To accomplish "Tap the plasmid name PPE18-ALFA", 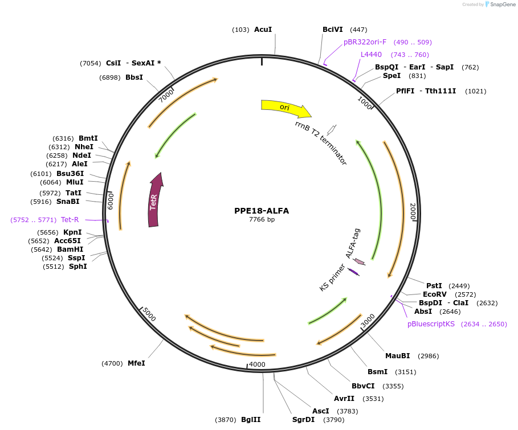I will (x=262, y=211).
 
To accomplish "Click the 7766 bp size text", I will (x=262, y=220).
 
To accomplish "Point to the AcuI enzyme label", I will (x=263, y=30).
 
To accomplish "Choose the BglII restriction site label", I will (x=251, y=420).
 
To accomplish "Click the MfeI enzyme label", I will (x=136, y=363).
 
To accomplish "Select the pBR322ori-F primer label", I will (x=365, y=42).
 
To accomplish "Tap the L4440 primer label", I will (x=371, y=55).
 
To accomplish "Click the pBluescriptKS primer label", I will (x=431, y=324).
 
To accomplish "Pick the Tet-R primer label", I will (x=70, y=219).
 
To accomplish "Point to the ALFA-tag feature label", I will (x=353, y=243).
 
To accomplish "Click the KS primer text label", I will (x=332, y=278).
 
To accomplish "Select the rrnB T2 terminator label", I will (x=321, y=143).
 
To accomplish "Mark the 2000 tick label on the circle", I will (x=414, y=212).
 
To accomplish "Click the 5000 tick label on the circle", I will (x=149, y=314).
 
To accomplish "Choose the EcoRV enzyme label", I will (x=435, y=294).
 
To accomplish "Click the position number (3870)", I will (x=225, y=420).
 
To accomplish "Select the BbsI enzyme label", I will (x=134, y=77).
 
